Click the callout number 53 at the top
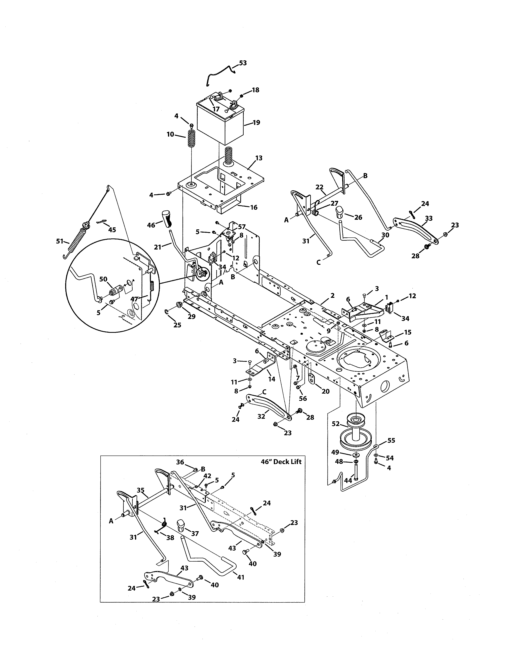tap(243, 63)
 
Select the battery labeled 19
tap(220, 123)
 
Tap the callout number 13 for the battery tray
tap(259, 158)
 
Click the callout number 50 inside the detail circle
tap(103, 279)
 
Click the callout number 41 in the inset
tap(240, 577)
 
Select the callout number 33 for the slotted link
tap(429, 218)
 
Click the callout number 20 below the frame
tap(326, 391)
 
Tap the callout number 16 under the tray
tap(254, 207)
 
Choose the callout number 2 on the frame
tap(333, 296)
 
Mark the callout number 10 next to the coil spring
tap(170, 134)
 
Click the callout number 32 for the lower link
tap(261, 417)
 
